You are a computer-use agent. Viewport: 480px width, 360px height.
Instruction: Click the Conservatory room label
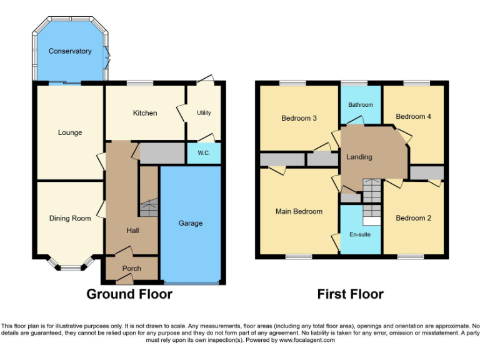coord(70,51)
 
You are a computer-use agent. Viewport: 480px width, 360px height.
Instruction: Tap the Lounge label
coord(70,132)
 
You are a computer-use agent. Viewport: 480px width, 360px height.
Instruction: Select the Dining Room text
coord(70,218)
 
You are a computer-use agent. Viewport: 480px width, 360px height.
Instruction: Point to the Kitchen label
coord(144,113)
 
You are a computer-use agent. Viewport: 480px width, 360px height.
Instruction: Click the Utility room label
coord(204,113)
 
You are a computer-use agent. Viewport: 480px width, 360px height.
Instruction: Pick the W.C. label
coord(204,153)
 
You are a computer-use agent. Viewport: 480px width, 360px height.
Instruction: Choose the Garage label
coord(191,223)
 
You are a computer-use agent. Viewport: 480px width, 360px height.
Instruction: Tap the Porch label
coord(131,269)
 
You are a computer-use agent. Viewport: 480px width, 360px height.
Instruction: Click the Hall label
coord(132,231)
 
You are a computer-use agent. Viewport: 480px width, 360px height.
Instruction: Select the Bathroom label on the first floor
coord(361,105)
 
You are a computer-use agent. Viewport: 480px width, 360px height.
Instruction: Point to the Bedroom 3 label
coord(299,118)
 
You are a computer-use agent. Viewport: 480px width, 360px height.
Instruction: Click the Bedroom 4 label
coord(413,116)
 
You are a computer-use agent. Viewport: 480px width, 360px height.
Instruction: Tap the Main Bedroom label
coord(299,211)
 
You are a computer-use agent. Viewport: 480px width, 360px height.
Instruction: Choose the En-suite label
coord(361,236)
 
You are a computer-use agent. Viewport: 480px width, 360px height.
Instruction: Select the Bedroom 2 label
coord(413,218)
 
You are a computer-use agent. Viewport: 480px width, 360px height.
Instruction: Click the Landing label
coord(359,157)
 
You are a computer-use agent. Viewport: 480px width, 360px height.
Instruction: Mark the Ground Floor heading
coord(129,294)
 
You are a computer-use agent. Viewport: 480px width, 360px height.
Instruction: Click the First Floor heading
coord(350,294)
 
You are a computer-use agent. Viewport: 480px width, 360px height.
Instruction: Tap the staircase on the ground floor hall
coord(149,209)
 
